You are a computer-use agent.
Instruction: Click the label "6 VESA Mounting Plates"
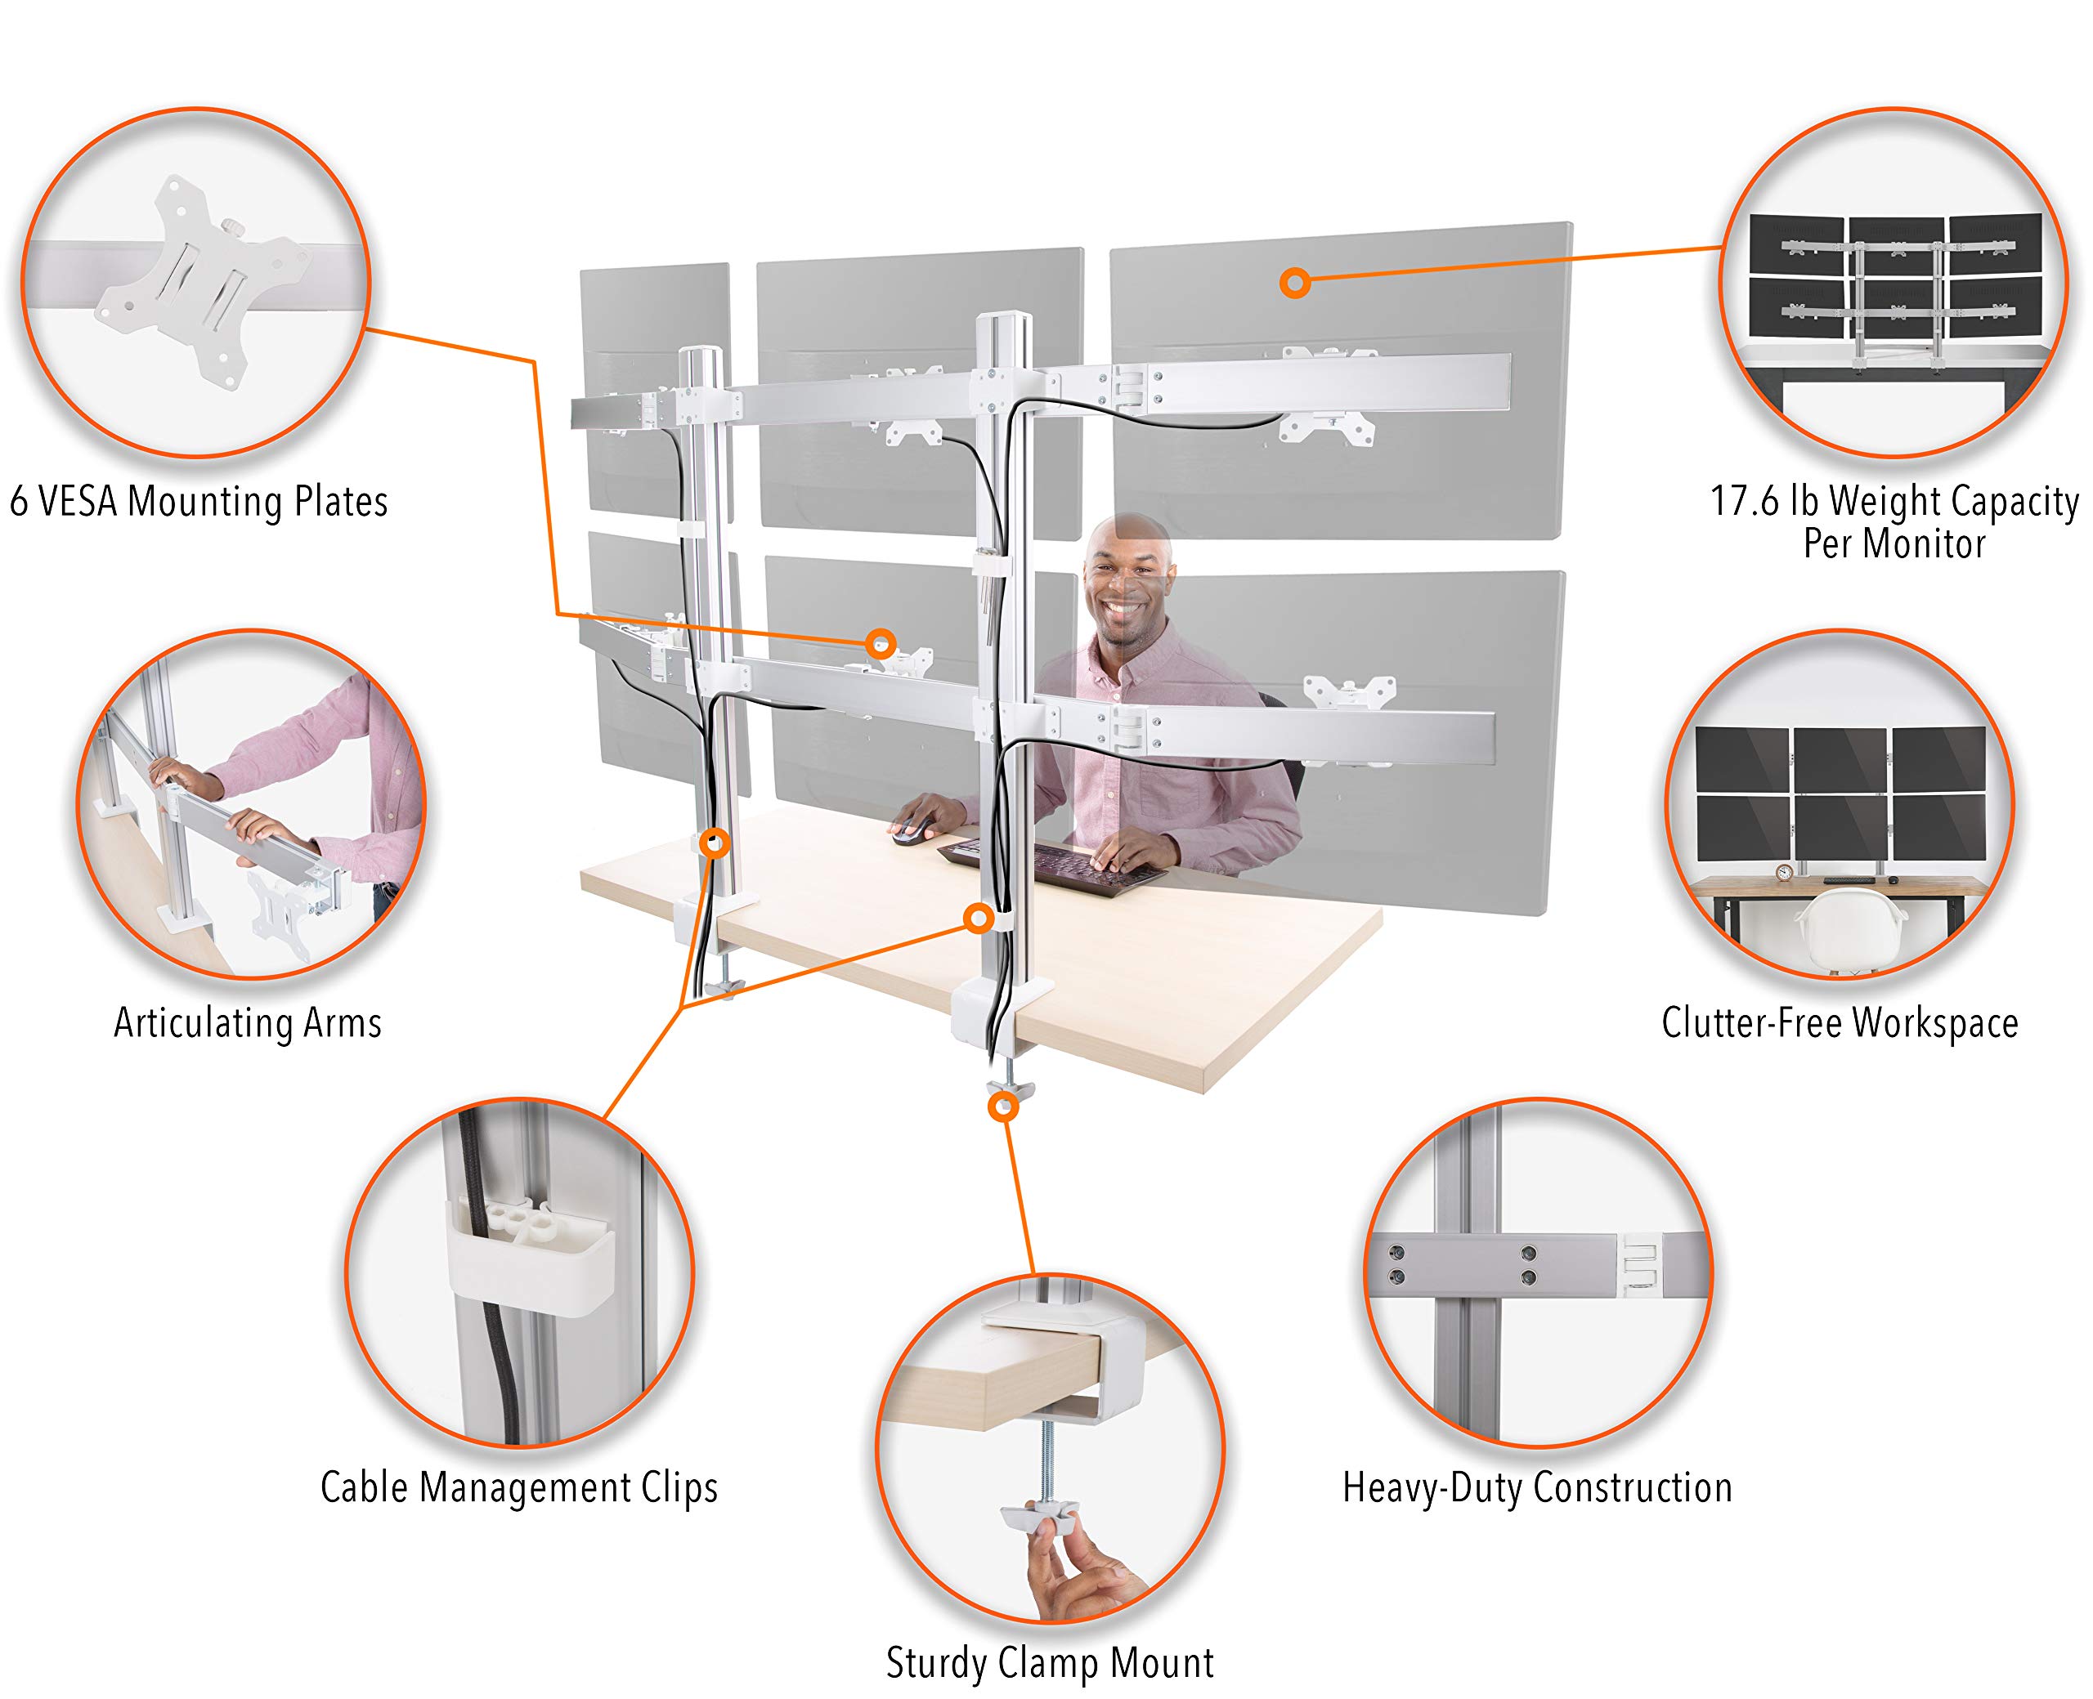point(199,501)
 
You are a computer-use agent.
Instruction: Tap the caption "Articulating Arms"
point(248,1022)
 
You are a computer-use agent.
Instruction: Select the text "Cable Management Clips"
point(519,1487)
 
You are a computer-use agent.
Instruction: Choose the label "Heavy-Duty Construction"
point(1537,1487)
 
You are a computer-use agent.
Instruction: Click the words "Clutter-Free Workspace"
point(1840,1022)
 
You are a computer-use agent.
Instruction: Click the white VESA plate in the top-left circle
point(200,284)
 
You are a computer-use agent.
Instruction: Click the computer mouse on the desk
point(908,831)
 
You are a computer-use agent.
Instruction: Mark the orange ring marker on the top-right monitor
point(1294,284)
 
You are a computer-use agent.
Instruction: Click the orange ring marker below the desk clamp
point(1002,1107)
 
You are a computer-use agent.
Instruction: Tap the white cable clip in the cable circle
point(530,1254)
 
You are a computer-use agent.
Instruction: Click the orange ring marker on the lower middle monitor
point(880,643)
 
